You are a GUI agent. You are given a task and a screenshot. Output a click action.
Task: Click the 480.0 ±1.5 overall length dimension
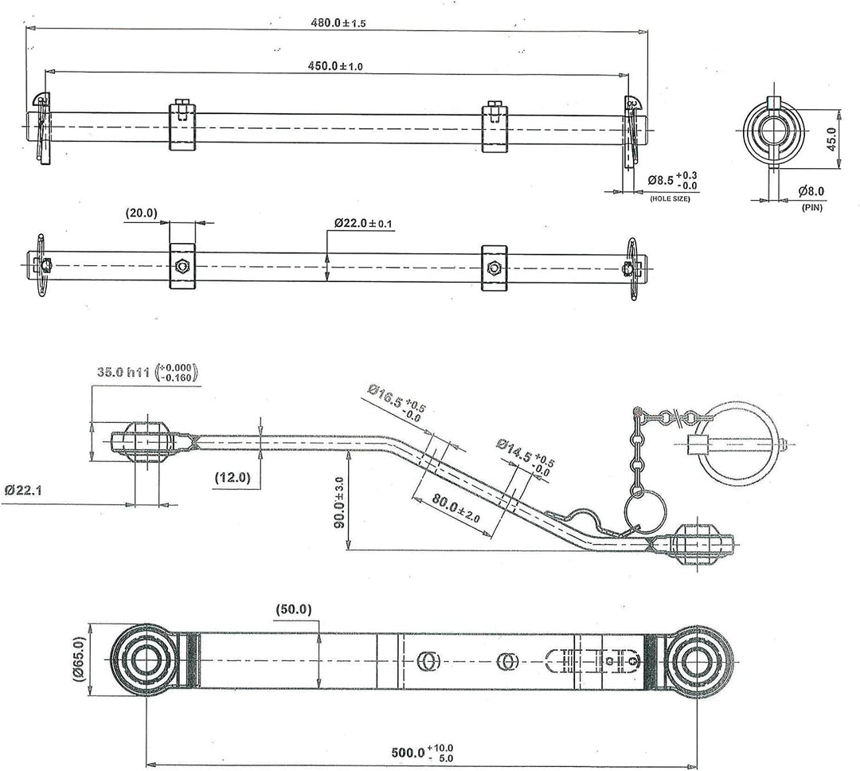coord(338,22)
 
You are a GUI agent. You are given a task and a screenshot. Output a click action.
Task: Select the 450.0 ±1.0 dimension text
coord(335,66)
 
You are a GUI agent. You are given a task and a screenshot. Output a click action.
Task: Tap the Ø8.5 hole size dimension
coord(672,181)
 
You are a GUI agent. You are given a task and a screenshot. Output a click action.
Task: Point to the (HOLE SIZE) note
coord(670,198)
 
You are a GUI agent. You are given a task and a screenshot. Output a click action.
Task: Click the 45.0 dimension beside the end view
coord(832,139)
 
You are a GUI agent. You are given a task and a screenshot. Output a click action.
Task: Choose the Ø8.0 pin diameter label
coord(811,191)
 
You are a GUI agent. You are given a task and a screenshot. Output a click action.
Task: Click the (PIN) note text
coord(811,208)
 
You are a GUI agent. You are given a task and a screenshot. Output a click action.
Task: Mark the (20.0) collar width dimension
coord(142,213)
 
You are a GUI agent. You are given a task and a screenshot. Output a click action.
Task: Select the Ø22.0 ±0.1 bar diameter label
coord(364,223)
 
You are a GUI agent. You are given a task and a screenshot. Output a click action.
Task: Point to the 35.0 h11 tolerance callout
coord(147,371)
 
